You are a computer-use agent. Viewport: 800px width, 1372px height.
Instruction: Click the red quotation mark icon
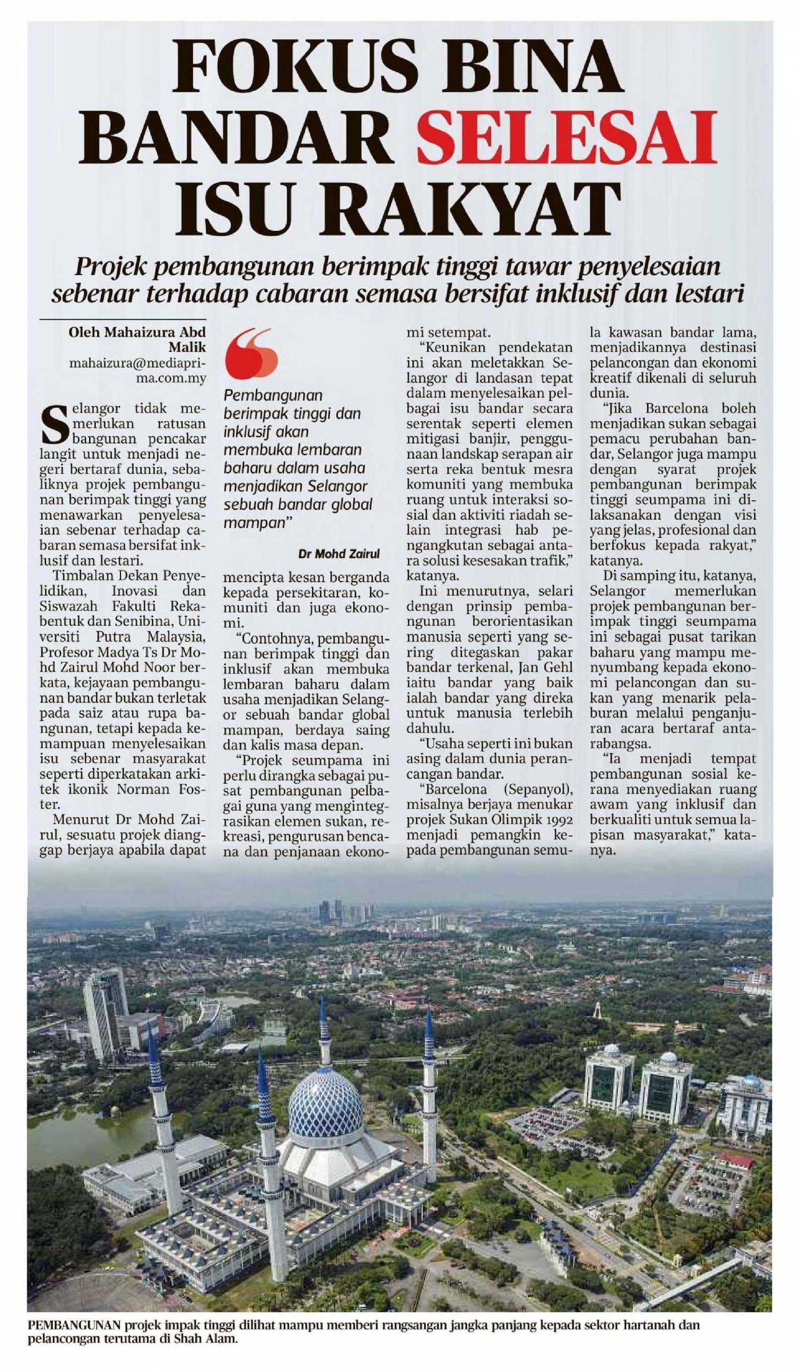coord(251,354)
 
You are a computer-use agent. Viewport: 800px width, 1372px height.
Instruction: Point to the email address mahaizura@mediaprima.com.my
coord(137,371)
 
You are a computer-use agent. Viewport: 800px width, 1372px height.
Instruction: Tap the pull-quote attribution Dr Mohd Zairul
coord(339,554)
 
